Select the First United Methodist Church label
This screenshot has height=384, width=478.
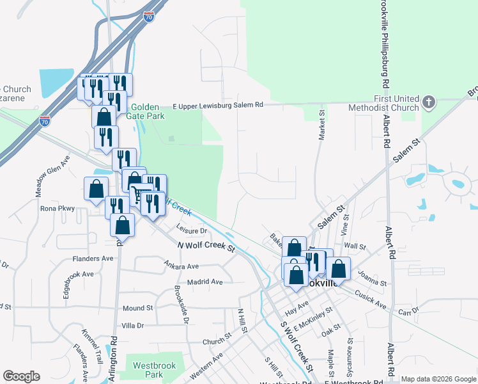pos(383,103)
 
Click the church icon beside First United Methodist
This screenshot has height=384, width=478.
pos(429,102)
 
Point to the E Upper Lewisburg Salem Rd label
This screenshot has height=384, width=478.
pos(218,105)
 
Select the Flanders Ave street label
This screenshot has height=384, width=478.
pos(93,259)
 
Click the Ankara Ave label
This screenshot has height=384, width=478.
pos(181,266)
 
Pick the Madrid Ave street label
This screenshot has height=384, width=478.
pos(204,282)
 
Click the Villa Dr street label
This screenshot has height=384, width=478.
pos(133,326)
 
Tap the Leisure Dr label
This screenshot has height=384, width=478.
pos(192,230)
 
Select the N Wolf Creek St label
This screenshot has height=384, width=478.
pos(206,245)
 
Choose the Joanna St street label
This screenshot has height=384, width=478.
pos(374,280)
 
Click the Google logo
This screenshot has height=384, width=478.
pos(21,376)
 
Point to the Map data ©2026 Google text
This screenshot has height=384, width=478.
pos(438,379)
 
